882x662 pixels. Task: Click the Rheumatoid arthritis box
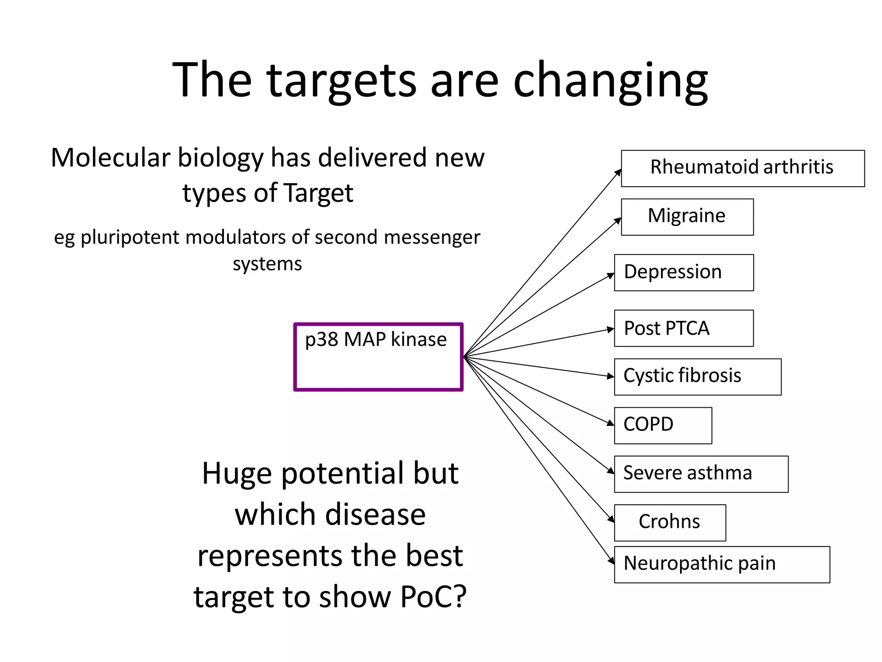point(742,168)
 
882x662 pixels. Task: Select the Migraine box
point(687,217)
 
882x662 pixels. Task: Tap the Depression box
point(683,272)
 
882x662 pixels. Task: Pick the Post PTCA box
point(683,328)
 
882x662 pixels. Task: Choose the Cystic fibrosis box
point(697,377)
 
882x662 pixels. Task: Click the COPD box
point(663,425)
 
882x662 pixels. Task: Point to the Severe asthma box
point(701,474)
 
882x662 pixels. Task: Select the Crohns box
point(670,522)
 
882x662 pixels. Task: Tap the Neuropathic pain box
point(722,565)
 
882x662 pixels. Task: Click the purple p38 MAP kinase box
point(378,357)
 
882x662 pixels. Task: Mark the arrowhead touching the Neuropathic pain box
point(611,561)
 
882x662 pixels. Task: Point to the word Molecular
point(110,158)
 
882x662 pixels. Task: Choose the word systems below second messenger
point(267,264)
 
